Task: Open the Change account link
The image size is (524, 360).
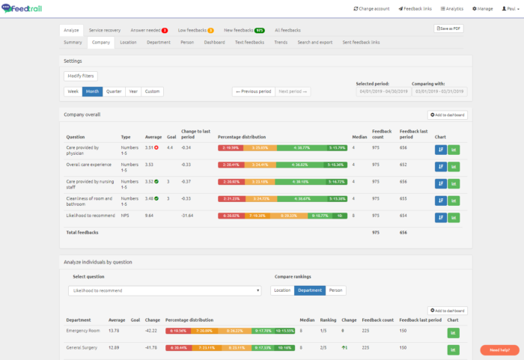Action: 372,8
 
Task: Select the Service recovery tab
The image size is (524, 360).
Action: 105,30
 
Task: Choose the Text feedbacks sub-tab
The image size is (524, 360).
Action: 249,43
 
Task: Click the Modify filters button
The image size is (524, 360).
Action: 80,76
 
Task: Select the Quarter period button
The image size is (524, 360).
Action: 114,91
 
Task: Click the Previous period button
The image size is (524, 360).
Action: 253,91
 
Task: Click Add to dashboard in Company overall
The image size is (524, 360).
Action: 447,115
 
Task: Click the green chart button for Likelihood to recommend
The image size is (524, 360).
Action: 454,217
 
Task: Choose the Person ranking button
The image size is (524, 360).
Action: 335,290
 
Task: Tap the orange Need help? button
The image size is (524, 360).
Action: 499,350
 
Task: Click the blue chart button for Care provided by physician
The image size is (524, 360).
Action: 439,149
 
